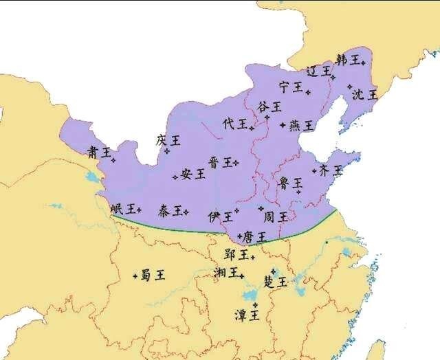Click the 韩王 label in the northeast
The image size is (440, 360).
(347, 60)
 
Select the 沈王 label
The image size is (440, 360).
(364, 94)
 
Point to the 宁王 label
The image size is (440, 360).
(291, 87)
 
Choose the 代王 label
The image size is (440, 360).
(234, 124)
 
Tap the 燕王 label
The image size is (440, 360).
(301, 126)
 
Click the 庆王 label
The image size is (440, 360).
(168, 140)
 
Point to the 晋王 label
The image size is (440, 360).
(220, 162)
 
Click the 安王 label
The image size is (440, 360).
(193, 174)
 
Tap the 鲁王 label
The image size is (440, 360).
(290, 183)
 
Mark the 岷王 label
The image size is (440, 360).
(122, 209)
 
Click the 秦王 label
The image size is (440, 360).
(170, 210)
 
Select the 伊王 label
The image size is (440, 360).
(220, 216)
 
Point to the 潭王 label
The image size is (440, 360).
(247, 315)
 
